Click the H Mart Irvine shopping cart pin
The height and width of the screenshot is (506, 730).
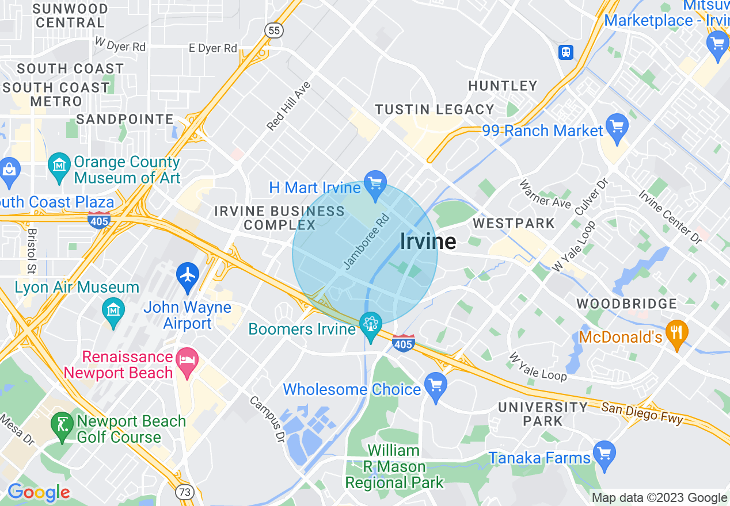375,184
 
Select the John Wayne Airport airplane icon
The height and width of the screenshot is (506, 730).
188,274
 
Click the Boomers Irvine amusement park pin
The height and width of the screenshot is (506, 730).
370,324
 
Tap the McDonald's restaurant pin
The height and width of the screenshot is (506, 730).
677,333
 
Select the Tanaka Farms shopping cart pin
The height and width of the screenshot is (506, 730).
604,454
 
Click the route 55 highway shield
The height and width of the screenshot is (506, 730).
274,30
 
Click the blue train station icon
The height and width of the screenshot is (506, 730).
566,52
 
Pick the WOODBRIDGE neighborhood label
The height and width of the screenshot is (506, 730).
626,304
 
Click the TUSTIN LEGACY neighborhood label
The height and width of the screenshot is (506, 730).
435,109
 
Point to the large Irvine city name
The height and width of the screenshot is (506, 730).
428,241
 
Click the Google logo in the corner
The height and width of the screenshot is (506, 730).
38,492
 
